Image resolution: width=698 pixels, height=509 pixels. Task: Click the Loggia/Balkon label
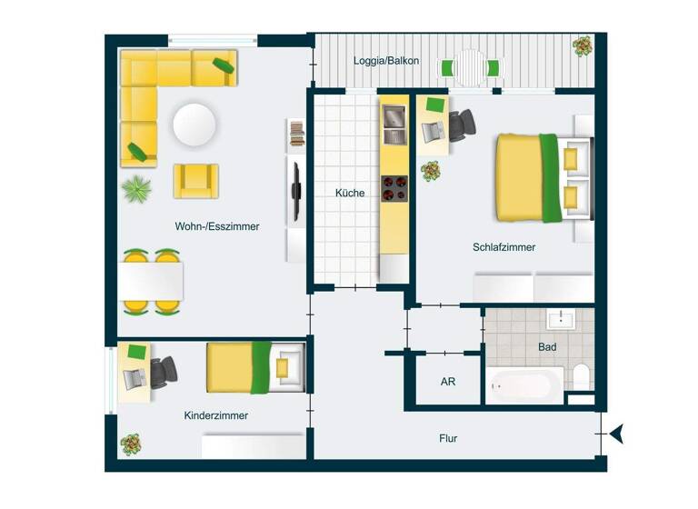[x=386, y=61]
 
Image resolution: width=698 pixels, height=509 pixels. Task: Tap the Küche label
[x=350, y=193]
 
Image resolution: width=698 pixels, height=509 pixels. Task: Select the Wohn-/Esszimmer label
[x=217, y=226]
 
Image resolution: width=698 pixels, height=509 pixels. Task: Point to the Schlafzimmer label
[x=504, y=247]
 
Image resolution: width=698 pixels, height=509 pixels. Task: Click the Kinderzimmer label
[x=216, y=415]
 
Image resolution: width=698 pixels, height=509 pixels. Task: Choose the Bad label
[x=547, y=346]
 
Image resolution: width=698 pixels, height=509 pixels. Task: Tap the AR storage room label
[x=448, y=382]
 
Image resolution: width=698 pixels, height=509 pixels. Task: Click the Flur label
[x=448, y=438]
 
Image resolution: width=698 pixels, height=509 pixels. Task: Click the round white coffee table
[x=195, y=124]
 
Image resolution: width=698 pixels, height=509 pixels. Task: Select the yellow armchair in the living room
[x=196, y=180]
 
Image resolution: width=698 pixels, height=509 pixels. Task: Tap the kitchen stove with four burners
[x=394, y=188]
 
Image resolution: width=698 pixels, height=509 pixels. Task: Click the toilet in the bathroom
[x=581, y=375]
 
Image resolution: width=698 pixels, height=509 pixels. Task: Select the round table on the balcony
[x=470, y=67]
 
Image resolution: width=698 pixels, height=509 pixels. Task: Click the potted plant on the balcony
[x=582, y=46]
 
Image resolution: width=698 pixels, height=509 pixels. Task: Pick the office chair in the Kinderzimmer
[x=164, y=371]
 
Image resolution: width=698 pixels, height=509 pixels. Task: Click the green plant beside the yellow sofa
[x=136, y=190]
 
